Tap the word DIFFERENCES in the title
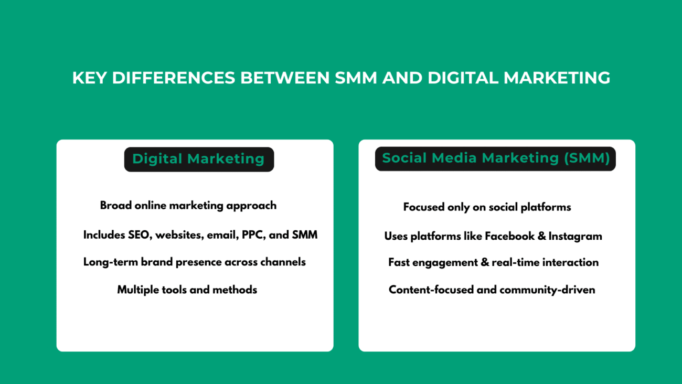coord(174,78)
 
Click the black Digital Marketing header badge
coord(199,159)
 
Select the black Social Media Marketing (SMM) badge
coord(495,158)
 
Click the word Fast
coord(399,262)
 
